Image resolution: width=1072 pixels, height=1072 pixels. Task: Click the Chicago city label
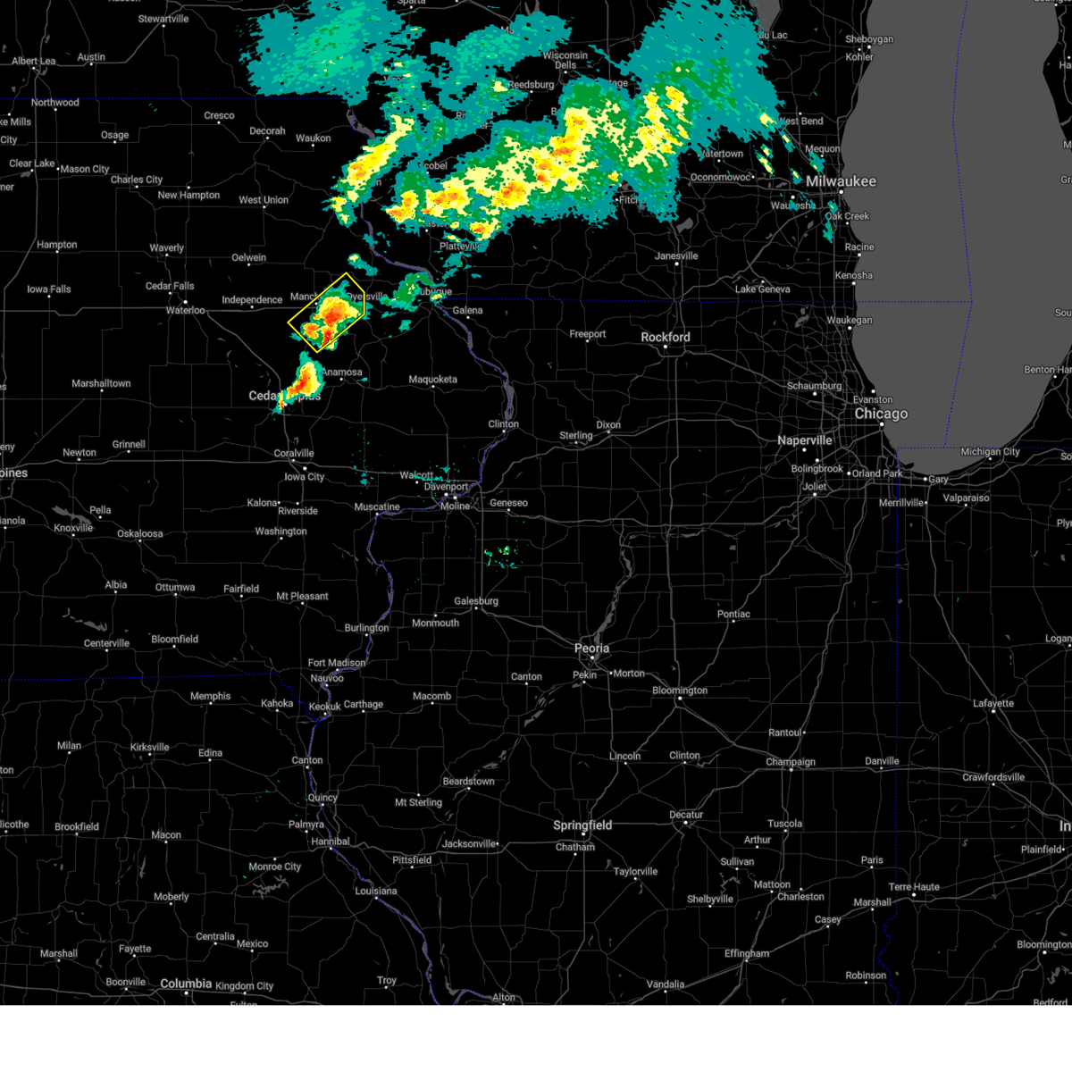tap(881, 415)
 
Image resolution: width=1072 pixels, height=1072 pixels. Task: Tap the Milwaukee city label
tap(841, 181)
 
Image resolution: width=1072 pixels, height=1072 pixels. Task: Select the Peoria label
tap(591, 649)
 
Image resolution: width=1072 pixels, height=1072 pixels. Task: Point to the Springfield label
tap(582, 825)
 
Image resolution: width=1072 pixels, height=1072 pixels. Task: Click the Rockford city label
tap(666, 338)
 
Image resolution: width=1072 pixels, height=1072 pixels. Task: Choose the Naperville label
tap(804, 440)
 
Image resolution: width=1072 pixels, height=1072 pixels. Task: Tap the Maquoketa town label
tap(432, 380)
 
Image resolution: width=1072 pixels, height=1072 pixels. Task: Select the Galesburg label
tap(475, 601)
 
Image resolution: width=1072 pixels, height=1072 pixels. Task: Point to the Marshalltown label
tap(101, 383)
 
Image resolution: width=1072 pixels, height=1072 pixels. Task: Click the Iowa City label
tap(304, 477)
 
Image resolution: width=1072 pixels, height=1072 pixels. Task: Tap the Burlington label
tap(366, 628)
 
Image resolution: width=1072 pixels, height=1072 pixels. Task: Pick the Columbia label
tap(186, 984)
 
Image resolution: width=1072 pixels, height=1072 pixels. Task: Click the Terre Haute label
tap(914, 887)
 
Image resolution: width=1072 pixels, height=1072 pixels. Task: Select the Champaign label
tap(791, 762)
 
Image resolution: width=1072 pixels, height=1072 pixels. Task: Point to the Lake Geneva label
tap(762, 289)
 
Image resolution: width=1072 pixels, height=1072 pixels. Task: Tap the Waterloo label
tap(186, 311)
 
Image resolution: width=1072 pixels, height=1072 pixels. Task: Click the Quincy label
tap(322, 798)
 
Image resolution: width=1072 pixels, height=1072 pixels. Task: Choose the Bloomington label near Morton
tap(680, 691)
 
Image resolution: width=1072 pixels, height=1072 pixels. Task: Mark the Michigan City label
tap(990, 452)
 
